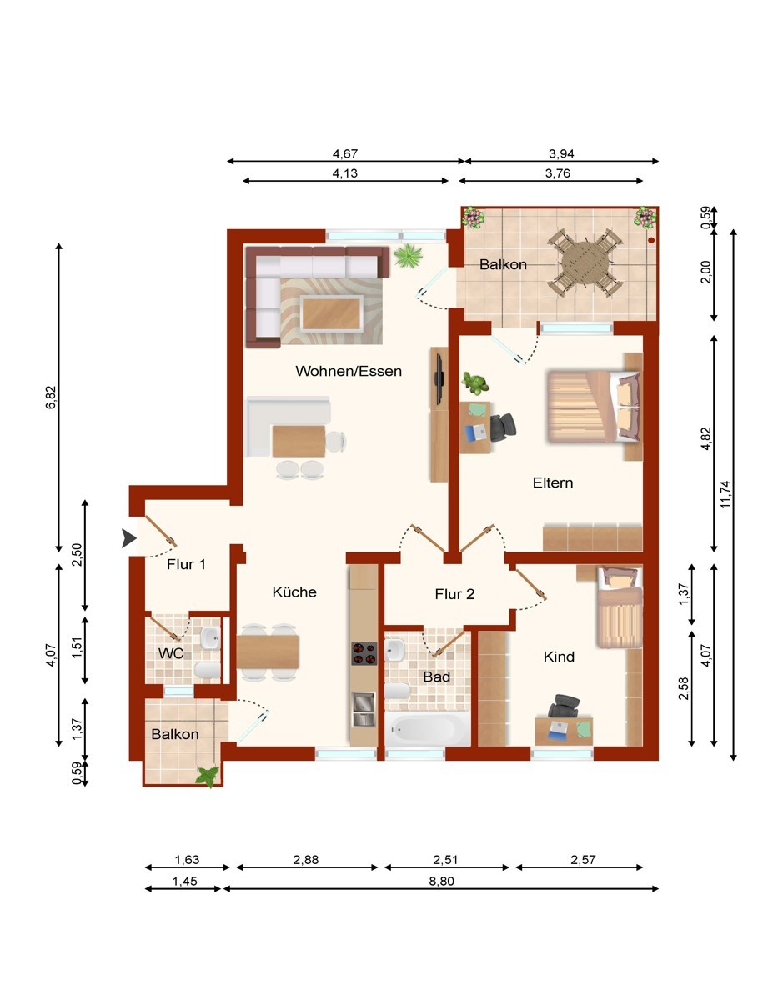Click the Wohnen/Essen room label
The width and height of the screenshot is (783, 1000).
click(349, 371)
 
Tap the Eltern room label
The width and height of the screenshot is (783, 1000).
click(552, 482)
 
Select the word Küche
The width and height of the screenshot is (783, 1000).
click(294, 592)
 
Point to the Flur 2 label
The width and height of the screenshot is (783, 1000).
click(454, 594)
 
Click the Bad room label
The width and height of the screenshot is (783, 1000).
click(436, 677)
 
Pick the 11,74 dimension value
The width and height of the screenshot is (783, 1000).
click(725, 494)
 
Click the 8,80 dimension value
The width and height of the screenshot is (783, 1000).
click(441, 881)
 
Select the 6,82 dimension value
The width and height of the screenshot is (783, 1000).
click(51, 397)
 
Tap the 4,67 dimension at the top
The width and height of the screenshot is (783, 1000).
click(344, 153)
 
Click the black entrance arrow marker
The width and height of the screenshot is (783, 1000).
click(128, 538)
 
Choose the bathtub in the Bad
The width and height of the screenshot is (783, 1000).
click(427, 728)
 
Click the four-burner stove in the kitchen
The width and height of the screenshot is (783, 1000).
click(364, 654)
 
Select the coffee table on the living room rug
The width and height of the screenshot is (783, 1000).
click(331, 313)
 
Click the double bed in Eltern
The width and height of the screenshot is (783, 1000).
click(594, 406)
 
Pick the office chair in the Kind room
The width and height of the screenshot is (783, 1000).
click(564, 707)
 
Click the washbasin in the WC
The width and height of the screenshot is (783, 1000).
click(211, 638)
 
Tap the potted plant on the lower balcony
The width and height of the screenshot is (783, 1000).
click(207, 777)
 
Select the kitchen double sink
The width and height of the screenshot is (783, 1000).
click(364, 709)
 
